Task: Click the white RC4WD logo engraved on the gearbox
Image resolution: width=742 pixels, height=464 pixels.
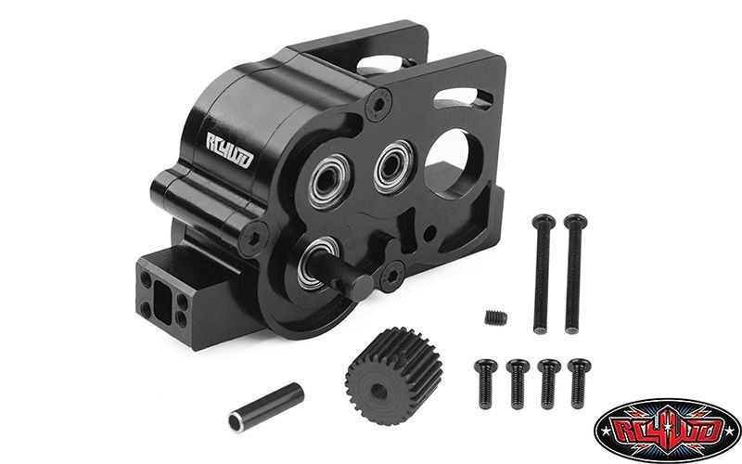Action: pos(229,150)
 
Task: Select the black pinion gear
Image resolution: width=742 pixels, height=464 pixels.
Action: pos(393,376)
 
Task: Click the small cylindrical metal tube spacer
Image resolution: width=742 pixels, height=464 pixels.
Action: pos(266,407)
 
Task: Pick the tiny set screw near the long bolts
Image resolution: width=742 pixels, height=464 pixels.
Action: pos(496,317)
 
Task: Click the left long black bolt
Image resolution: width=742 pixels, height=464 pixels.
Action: pos(543,274)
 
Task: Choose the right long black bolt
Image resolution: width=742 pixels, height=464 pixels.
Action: pos(574,274)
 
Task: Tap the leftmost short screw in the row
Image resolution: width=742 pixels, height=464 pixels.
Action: pos(486,383)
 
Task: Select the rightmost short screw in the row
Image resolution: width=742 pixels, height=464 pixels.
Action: pos(579,383)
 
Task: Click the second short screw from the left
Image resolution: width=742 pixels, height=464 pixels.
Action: pos(518,383)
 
